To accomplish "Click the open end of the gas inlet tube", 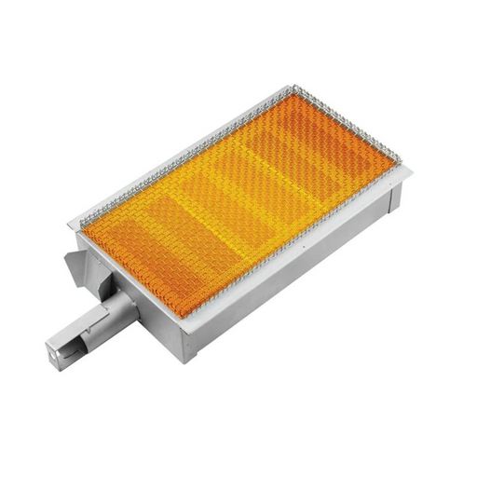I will click(x=53, y=351).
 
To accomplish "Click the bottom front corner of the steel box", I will click(x=192, y=360).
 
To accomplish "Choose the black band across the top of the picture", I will click(x=238, y=28).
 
